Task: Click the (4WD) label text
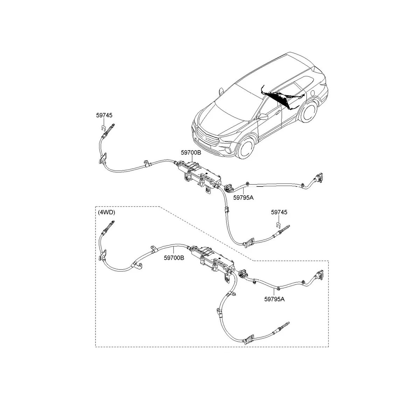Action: click(x=106, y=212)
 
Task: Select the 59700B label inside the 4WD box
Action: click(x=174, y=258)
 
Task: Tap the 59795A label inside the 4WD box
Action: click(x=274, y=299)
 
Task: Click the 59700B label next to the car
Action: click(x=191, y=153)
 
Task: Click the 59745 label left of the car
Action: click(x=104, y=115)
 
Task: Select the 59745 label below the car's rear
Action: click(x=279, y=212)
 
